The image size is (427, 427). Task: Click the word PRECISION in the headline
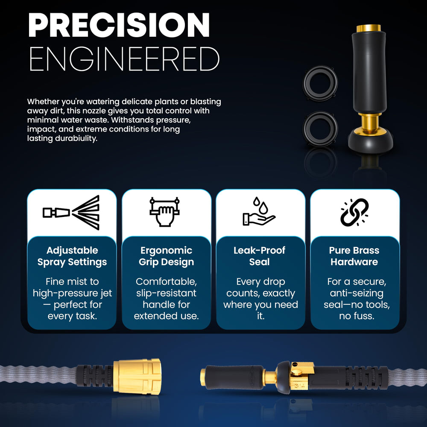click(x=119, y=25)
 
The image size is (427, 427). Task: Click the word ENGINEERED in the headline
click(x=124, y=59)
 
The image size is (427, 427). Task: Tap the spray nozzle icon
click(x=71, y=212)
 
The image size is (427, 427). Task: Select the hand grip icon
click(x=164, y=212)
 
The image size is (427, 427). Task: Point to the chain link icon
click(x=354, y=212)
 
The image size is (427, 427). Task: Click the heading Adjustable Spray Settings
click(x=72, y=256)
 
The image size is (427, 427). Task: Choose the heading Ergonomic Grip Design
click(x=167, y=256)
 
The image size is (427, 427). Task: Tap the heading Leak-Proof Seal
click(x=260, y=256)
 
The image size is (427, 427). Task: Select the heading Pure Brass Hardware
click(x=354, y=256)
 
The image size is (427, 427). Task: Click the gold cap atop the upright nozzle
click(x=369, y=28)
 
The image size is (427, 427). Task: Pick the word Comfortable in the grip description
click(x=166, y=281)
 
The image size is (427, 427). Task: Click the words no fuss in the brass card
click(x=357, y=316)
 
